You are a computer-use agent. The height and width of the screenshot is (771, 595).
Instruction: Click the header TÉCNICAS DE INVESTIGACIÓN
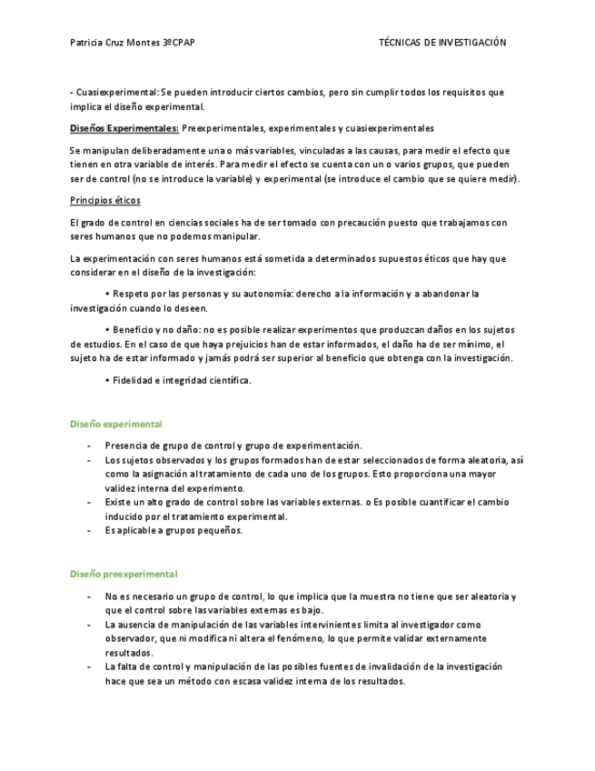click(x=441, y=43)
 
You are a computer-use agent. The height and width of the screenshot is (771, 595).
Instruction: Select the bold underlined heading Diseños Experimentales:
click(x=124, y=128)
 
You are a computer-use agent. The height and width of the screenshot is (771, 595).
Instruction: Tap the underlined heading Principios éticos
click(x=104, y=200)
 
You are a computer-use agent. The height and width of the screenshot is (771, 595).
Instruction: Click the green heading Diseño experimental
click(x=116, y=424)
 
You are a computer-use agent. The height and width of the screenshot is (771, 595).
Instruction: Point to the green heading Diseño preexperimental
click(x=124, y=574)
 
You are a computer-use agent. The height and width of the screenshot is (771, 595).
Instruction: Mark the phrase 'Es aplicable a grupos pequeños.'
click(x=174, y=530)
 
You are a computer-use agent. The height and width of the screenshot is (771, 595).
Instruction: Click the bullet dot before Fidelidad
click(x=107, y=380)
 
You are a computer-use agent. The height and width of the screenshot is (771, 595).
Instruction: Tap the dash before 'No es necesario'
click(x=88, y=596)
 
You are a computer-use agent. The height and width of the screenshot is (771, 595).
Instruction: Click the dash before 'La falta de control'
click(x=88, y=667)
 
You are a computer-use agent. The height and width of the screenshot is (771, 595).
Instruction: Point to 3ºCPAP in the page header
click(x=179, y=43)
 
